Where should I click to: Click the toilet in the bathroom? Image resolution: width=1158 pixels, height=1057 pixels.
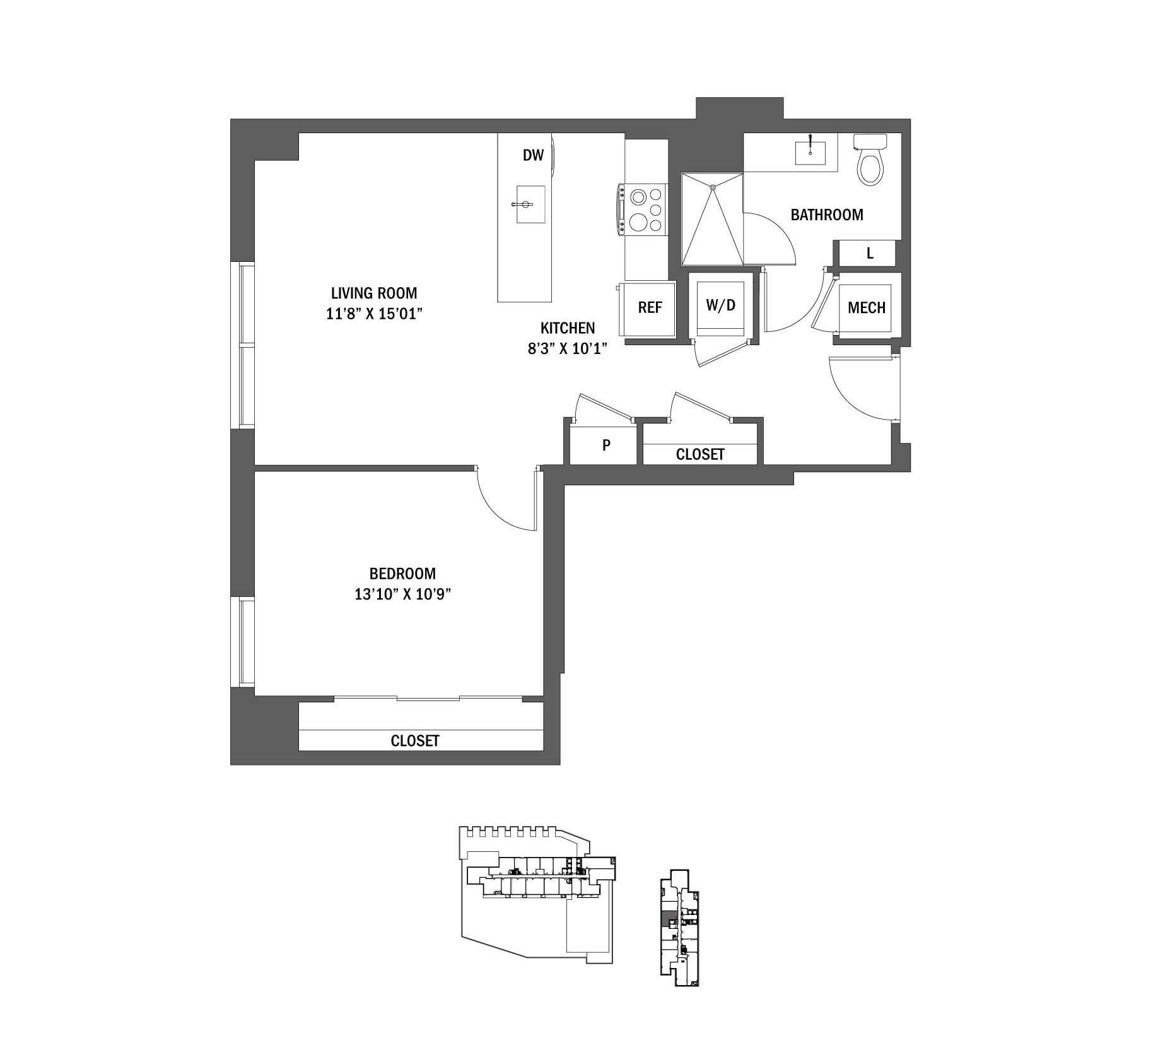(870, 164)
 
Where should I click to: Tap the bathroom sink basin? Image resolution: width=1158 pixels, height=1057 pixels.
(810, 153)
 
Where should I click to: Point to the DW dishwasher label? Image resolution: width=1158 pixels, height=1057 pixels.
(533, 155)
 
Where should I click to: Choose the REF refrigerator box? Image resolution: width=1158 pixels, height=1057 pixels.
(650, 308)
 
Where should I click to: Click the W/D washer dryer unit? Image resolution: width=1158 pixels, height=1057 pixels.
(720, 306)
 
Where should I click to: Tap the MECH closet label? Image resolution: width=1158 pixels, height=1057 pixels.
(866, 308)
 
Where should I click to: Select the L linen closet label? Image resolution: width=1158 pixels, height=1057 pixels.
(870, 254)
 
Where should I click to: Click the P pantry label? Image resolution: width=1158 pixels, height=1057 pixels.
(606, 446)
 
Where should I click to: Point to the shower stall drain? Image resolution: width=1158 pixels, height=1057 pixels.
(713, 187)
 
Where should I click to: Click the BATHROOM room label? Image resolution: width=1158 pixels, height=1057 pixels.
(826, 215)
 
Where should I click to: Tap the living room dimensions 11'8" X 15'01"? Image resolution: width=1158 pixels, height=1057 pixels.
(373, 314)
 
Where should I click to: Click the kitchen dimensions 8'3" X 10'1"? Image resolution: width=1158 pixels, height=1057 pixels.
(567, 348)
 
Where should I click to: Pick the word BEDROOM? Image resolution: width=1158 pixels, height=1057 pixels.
(402, 574)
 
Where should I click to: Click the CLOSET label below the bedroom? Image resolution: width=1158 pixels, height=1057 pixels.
(414, 740)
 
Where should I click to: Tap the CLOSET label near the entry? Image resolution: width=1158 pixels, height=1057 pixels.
(700, 454)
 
